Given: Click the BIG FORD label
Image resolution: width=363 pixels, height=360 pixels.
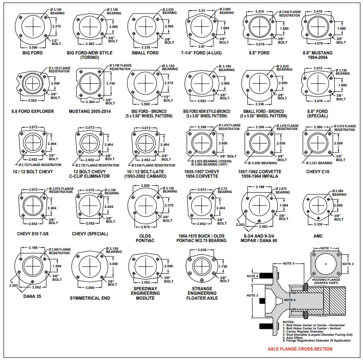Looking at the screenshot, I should [x=33, y=53].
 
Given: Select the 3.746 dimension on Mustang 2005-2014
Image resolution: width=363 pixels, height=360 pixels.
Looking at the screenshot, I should [x=111, y=83].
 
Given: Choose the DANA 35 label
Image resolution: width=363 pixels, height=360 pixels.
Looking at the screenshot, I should [x=33, y=296].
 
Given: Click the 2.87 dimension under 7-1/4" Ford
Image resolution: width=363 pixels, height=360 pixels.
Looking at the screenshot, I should [x=201, y=47].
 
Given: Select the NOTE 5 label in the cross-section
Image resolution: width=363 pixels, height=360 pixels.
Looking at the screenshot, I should [x=288, y=263].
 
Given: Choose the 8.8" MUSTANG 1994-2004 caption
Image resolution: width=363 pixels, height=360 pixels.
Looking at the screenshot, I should [x=318, y=55].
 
